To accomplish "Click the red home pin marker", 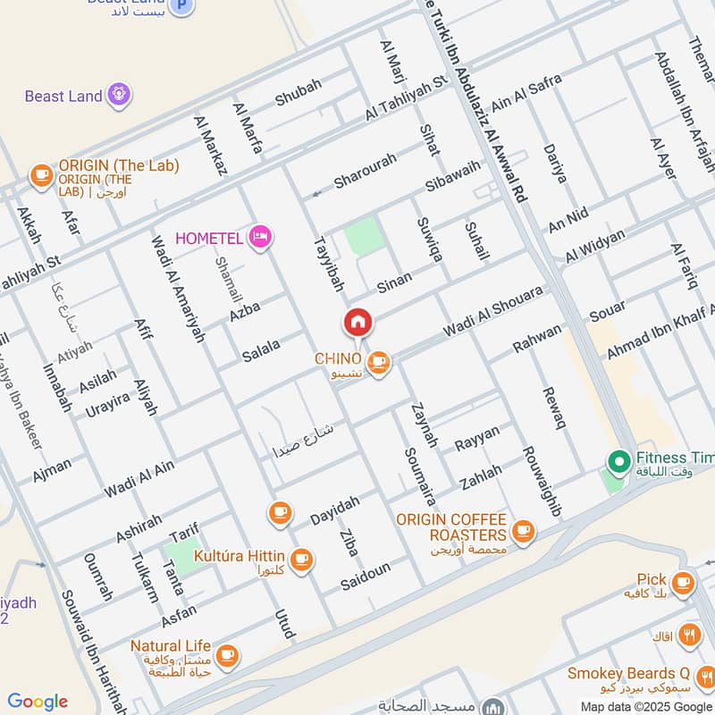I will [x=357, y=323].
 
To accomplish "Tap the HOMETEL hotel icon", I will [x=261, y=237].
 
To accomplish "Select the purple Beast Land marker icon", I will [x=118, y=94].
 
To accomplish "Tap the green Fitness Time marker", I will [x=617, y=462].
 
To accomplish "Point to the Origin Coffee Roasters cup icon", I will [x=523, y=530].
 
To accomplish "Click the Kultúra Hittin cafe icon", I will [x=301, y=559].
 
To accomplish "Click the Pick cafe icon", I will [x=684, y=583].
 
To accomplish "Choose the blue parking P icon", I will [x=182, y=6].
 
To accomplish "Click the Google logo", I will [x=38, y=702].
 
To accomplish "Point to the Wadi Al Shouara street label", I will [x=492, y=313].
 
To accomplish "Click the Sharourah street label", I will [x=364, y=173].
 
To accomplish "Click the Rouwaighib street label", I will [x=542, y=482].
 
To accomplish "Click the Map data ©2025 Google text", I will [x=645, y=705].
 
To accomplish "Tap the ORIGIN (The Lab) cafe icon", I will [x=41, y=176].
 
